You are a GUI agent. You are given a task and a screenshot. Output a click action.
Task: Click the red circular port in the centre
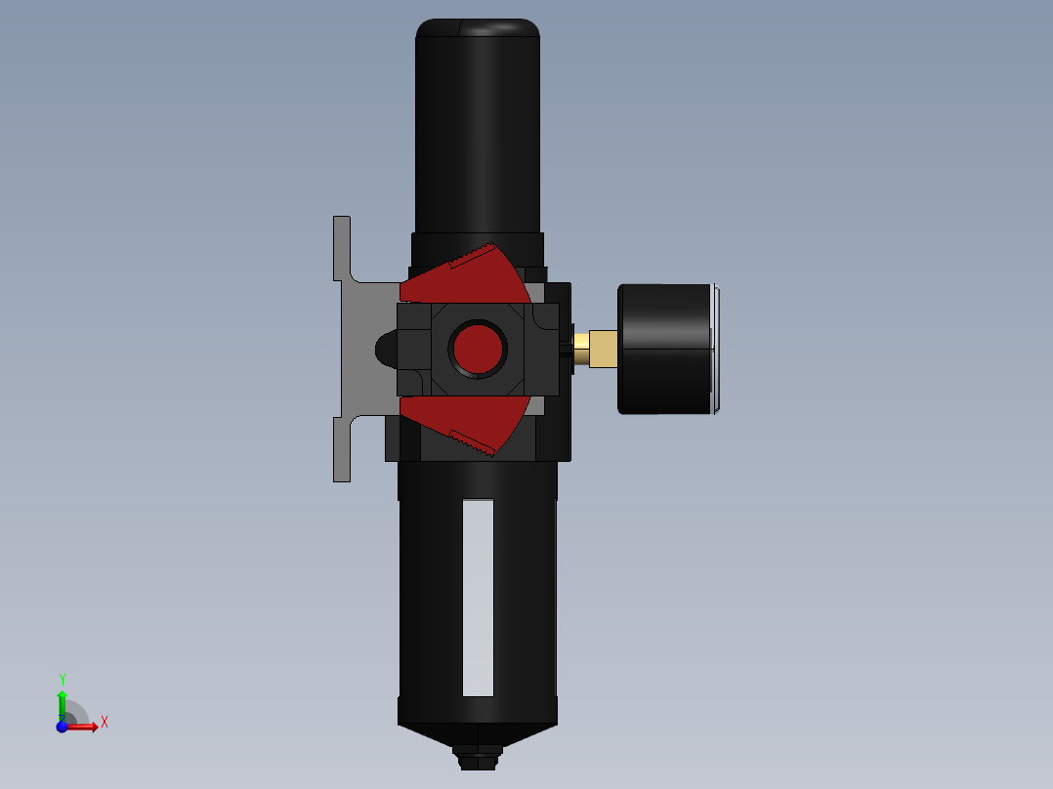coord(478,346)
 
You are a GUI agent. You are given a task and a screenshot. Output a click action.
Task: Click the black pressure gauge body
coord(664,349)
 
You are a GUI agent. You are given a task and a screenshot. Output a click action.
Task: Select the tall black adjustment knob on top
coord(478,127)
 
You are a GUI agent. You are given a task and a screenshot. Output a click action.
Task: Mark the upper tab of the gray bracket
coord(342,248)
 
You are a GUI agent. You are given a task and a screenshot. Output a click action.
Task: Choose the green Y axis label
coord(63,679)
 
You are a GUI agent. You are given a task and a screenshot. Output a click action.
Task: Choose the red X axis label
coord(104,723)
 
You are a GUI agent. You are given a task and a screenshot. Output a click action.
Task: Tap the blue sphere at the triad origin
coord(63,727)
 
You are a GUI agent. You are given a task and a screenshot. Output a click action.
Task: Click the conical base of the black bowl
coord(478,734)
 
